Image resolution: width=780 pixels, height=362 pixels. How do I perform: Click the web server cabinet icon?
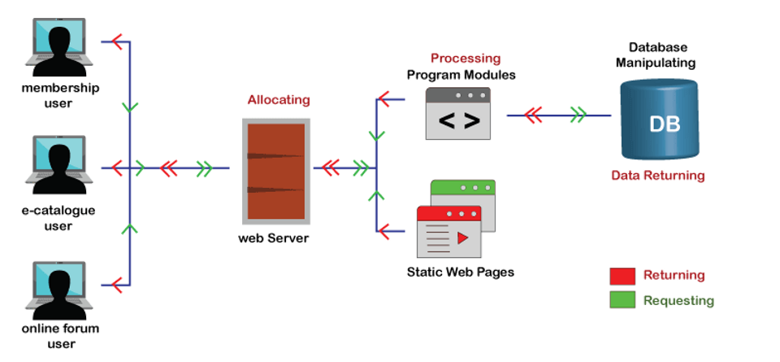pyautogui.click(x=275, y=170)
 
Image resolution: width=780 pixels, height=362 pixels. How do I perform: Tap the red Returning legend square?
pyautogui.click(x=622, y=276)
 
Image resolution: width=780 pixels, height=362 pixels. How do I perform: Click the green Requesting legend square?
pyautogui.click(x=622, y=299)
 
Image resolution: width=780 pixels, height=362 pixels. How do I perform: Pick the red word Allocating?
pyautogui.click(x=279, y=100)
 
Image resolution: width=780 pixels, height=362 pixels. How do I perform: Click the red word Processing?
pyautogui.click(x=465, y=59)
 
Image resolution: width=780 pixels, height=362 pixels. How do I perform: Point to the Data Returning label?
pyautogui.click(x=658, y=175)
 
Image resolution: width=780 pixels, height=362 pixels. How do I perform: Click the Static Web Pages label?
pyautogui.click(x=459, y=272)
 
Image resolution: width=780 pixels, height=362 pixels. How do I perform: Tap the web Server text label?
pyautogui.click(x=273, y=238)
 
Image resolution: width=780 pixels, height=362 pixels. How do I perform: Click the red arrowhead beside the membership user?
pyautogui.click(x=118, y=40)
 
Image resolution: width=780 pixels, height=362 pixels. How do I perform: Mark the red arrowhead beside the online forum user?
pyautogui.click(x=117, y=285)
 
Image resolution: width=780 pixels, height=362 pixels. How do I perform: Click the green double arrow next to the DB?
pyautogui.click(x=578, y=116)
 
